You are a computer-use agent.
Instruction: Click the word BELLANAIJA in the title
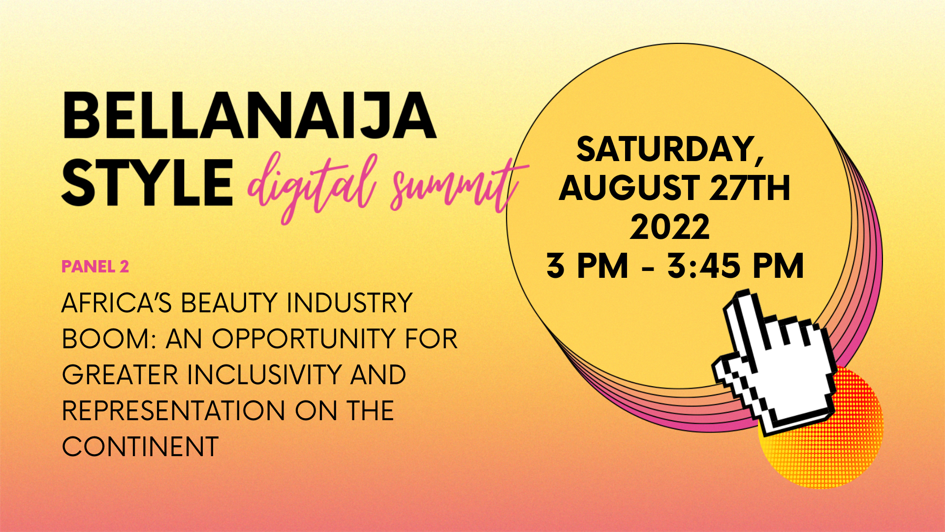[249, 115]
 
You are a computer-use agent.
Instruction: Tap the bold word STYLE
[147, 183]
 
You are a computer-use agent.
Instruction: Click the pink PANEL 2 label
[95, 266]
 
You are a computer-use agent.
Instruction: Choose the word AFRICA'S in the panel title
[117, 302]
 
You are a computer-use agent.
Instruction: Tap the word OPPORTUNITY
[304, 339]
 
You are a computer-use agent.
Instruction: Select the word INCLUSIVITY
[264, 375]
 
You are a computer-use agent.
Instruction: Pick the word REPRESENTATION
[174, 411]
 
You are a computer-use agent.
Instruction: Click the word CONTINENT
[140, 447]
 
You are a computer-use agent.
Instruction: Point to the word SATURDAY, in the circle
[670, 150]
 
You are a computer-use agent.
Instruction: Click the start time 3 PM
[587, 266]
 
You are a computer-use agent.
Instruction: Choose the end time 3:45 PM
[736, 266]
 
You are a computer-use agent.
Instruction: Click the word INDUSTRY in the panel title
[349, 302]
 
